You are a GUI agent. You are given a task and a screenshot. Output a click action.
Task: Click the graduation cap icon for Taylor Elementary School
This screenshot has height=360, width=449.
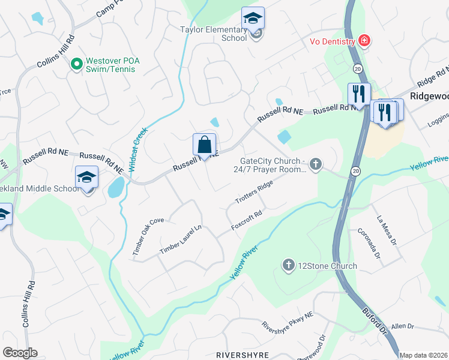253,19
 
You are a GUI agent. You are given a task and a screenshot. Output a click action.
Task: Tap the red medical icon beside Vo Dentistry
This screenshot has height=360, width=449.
364,41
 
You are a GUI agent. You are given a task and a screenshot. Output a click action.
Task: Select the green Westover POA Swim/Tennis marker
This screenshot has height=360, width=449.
76,63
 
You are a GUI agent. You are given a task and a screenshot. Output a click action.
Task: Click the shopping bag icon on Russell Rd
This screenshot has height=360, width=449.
204,145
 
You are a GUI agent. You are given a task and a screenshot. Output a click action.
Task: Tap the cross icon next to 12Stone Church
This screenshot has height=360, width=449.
289,265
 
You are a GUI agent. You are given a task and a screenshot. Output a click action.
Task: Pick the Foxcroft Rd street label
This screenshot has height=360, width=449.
247,221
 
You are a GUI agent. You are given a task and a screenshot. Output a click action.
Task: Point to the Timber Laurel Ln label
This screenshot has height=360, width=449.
181,239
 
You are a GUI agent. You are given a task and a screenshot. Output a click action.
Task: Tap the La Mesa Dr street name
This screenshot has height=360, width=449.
385,231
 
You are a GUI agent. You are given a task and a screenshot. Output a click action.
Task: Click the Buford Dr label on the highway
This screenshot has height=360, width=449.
375,320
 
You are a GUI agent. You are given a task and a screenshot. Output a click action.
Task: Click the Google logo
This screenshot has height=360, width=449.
20,352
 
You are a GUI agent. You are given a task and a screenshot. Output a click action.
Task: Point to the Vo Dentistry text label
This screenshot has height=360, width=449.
330,41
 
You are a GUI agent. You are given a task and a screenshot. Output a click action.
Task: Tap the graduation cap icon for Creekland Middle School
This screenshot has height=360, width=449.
86,177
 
